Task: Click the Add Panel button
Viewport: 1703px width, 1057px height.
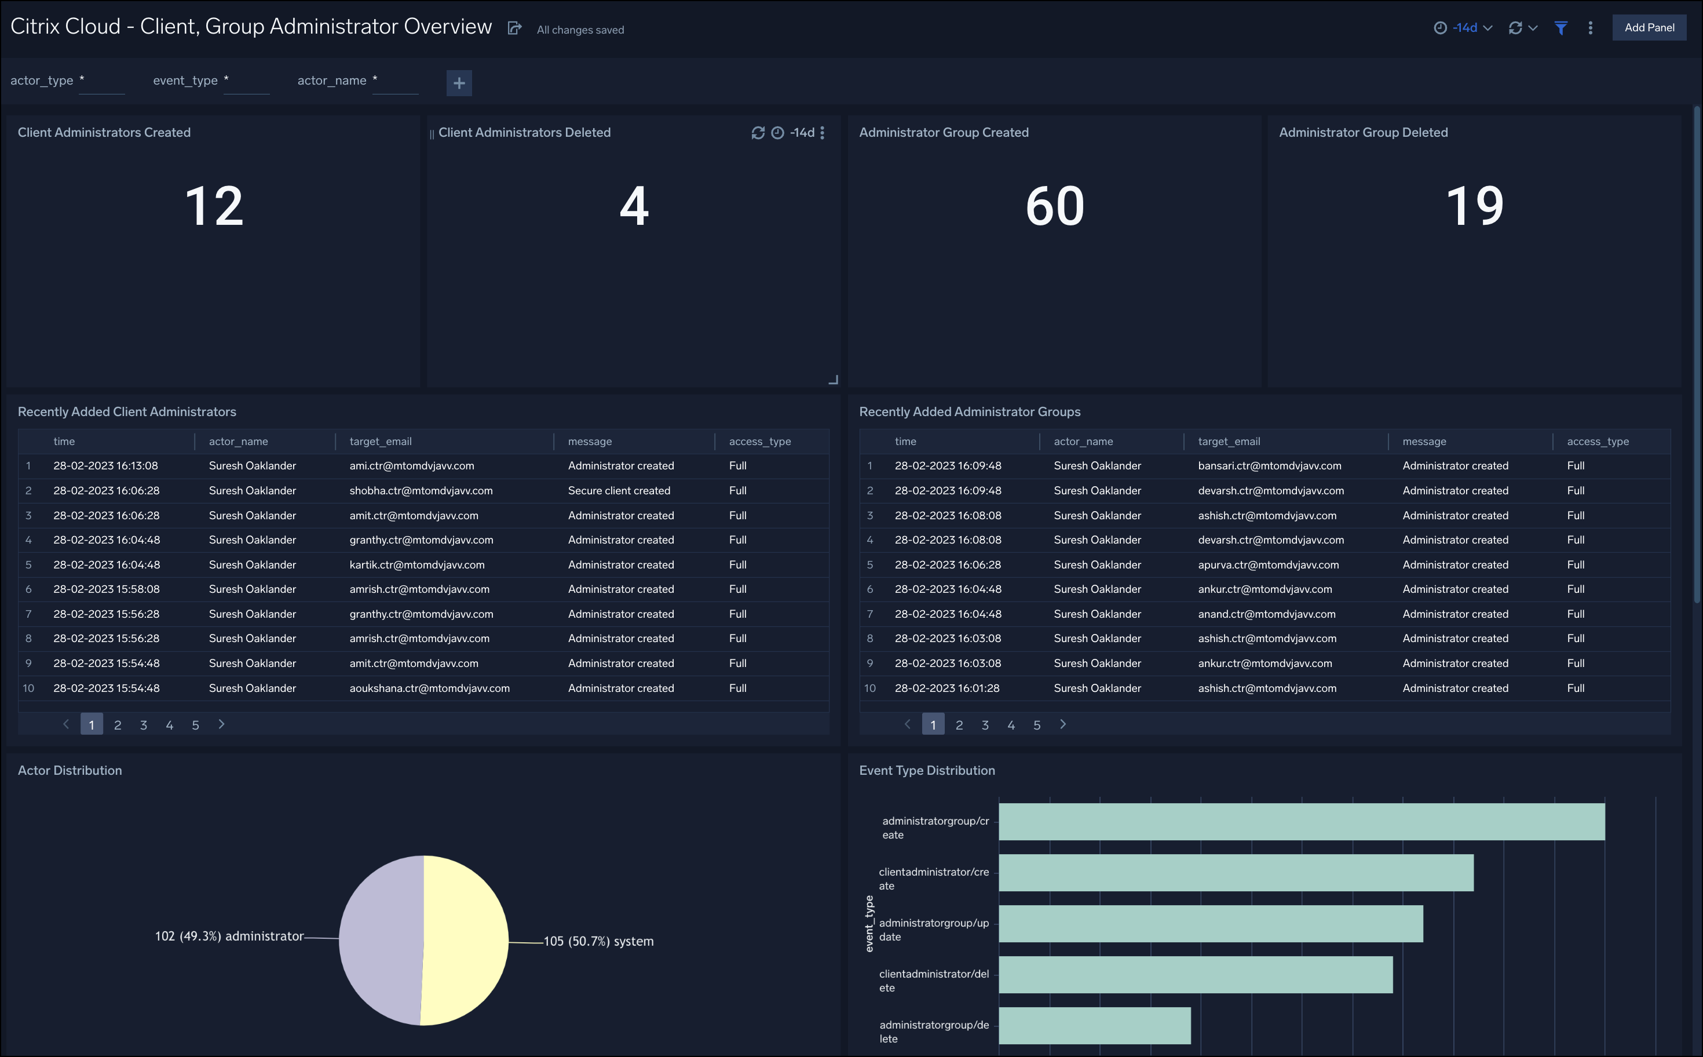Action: (1649, 28)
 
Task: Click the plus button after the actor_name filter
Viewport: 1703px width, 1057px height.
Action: (459, 83)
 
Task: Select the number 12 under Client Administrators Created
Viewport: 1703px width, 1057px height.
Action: (214, 206)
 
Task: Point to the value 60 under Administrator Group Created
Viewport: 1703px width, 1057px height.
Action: (1054, 206)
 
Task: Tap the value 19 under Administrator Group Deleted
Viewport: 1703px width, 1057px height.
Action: (1475, 206)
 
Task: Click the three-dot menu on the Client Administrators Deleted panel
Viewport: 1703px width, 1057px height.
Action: (823, 133)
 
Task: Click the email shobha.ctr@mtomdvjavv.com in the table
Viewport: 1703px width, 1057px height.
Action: (421, 491)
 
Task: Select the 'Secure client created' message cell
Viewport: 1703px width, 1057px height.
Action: (619, 491)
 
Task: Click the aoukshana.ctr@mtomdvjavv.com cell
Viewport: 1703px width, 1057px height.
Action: (429, 688)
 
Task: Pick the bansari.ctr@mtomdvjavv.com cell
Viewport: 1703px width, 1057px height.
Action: (1269, 465)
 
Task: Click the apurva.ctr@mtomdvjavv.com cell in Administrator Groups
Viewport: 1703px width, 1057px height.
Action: (1267, 565)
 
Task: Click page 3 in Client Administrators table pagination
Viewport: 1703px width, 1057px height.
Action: (143, 725)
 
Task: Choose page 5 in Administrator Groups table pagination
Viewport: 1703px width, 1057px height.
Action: (1036, 725)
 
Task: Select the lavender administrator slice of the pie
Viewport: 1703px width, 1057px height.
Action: (381, 941)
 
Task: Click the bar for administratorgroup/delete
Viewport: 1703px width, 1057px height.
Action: (1094, 1026)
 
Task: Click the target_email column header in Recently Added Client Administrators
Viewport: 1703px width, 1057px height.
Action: (380, 442)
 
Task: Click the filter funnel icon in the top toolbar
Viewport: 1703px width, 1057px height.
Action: (1561, 28)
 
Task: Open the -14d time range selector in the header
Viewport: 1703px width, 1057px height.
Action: (1464, 28)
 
